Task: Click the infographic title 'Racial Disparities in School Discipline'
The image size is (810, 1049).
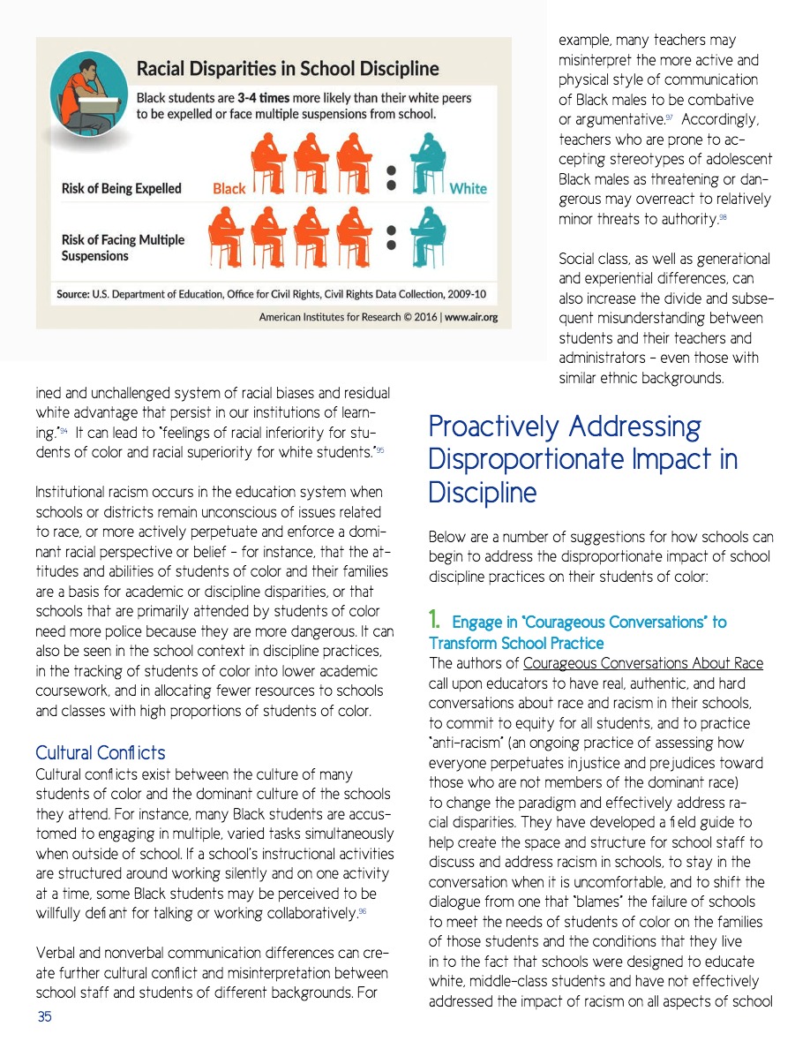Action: coord(287,69)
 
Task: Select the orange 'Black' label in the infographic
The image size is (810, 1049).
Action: coord(229,188)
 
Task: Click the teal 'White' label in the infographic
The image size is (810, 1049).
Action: coord(468,188)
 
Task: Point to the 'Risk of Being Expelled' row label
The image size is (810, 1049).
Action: coord(121,188)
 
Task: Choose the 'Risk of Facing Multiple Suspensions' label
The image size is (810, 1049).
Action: coord(123,247)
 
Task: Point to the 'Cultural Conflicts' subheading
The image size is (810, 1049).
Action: coord(100,753)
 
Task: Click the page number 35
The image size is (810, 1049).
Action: coord(44,1017)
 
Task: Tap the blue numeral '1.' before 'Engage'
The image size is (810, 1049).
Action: coord(436,622)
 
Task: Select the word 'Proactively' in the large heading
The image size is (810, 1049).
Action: coord(494,427)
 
